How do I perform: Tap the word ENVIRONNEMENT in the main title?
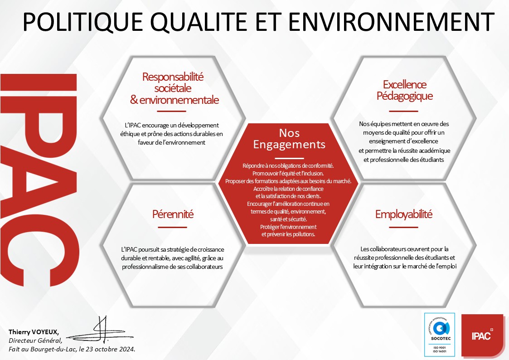point(391,22)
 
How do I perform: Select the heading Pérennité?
point(173,214)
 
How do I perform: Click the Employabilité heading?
point(404,214)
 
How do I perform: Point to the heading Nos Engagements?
point(289,139)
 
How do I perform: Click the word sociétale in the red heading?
point(173,88)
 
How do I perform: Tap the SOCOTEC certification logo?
point(440,334)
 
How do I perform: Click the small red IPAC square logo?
point(482,335)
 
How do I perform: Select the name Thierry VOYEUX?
point(34,332)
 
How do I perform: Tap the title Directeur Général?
point(35,341)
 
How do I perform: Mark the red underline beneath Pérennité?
point(172,227)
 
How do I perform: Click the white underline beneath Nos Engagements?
point(289,158)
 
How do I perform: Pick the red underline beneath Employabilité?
point(403,227)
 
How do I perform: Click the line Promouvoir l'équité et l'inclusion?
point(288,173)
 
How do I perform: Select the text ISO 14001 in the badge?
point(440,351)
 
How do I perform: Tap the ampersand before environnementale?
point(134,100)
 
